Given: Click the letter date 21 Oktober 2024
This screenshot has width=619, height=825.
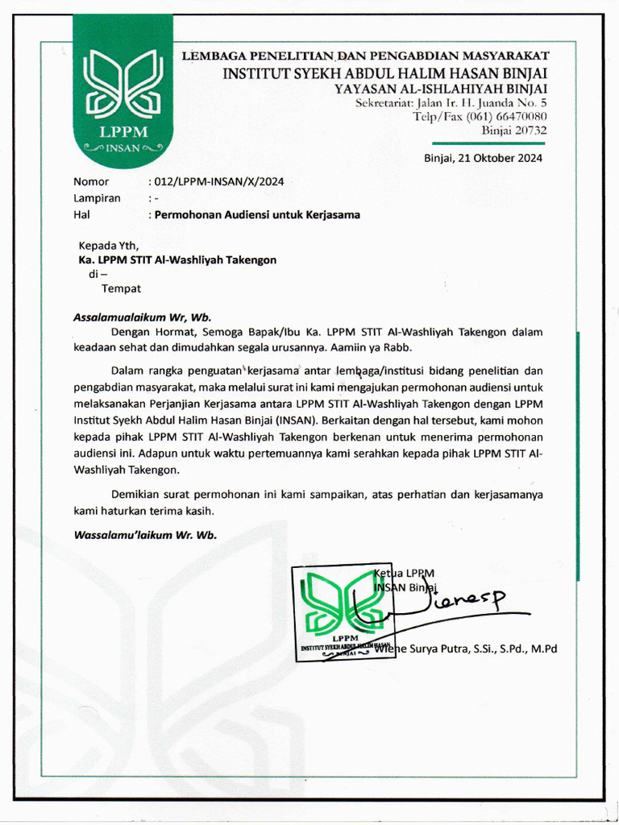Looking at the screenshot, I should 483,158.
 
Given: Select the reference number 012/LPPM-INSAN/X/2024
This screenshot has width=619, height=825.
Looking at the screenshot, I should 218,182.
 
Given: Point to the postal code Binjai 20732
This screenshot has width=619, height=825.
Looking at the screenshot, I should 513,131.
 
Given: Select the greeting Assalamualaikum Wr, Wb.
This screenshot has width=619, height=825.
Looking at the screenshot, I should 142,317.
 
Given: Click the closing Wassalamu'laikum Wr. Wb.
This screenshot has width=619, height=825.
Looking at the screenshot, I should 145,534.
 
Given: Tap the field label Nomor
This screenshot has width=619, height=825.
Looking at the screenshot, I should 91,182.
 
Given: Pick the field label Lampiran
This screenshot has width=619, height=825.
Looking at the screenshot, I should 97,198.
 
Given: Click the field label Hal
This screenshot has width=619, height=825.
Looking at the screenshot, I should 81,215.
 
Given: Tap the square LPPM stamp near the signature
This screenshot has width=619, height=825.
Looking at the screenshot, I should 343,613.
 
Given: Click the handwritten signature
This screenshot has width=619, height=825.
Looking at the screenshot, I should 451,603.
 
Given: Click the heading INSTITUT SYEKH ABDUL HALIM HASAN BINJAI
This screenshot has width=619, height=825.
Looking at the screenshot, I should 385,74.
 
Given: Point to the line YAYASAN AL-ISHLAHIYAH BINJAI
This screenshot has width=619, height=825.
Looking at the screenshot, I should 441,89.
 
